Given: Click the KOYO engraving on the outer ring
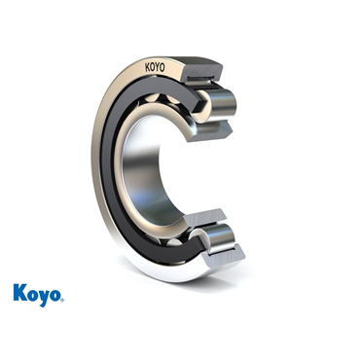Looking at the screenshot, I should [x=155, y=69].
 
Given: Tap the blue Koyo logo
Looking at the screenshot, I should [x=38, y=293].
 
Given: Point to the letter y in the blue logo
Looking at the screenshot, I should [x=44, y=296].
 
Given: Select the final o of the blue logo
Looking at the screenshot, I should [x=55, y=295].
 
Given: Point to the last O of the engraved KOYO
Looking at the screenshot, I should [x=162, y=68].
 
